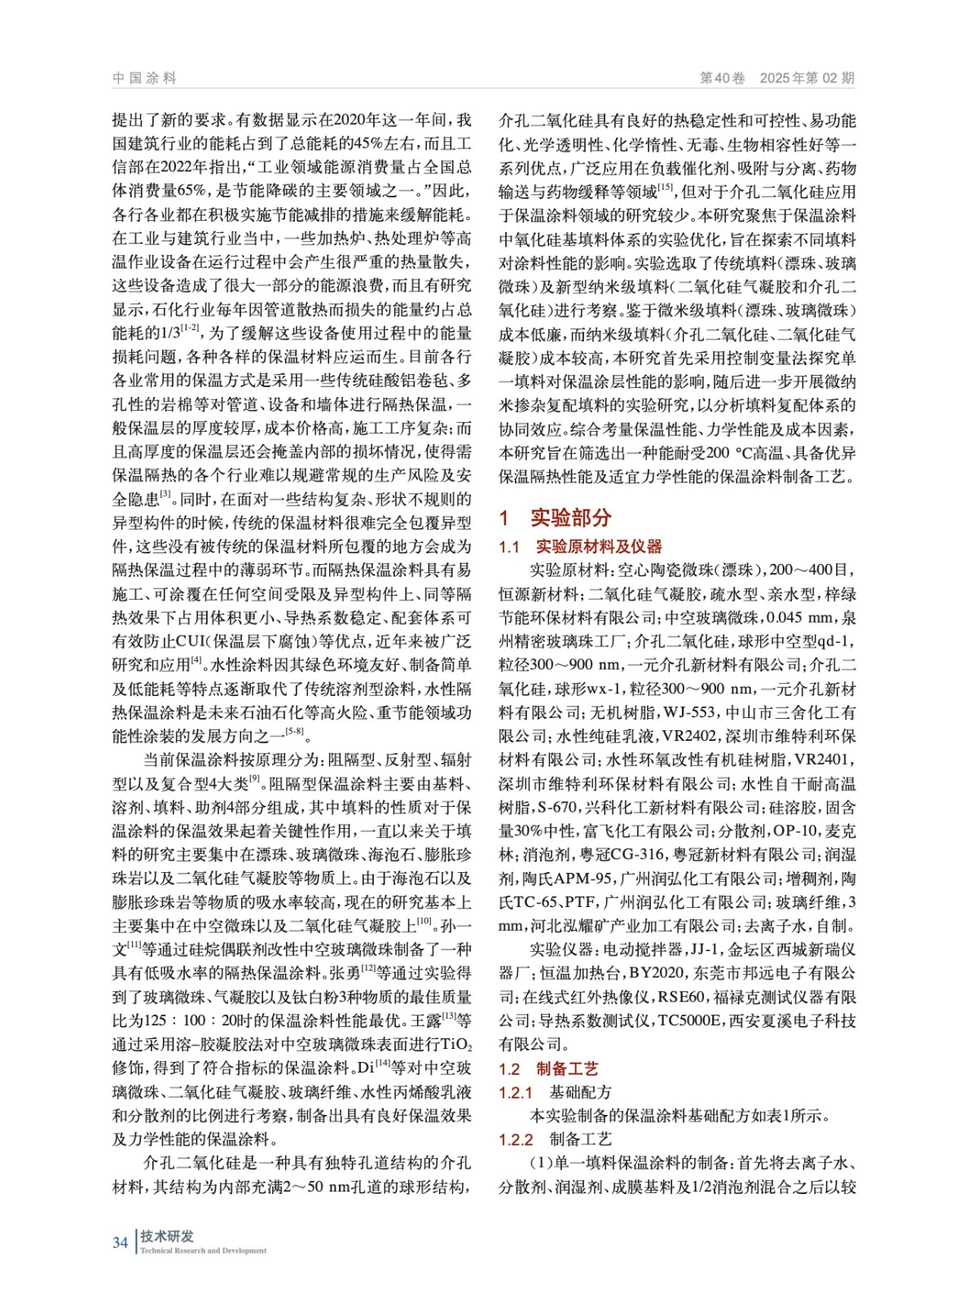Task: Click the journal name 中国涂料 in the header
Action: point(144,78)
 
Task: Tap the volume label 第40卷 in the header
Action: point(722,78)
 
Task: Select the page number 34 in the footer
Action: point(120,1242)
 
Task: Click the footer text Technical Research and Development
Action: point(203,1250)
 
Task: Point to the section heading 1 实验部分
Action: point(555,518)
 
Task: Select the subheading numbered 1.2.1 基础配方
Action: point(555,1092)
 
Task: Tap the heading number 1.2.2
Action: point(516,1139)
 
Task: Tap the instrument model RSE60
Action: point(681,997)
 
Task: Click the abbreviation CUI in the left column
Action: point(189,641)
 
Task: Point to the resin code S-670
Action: point(556,807)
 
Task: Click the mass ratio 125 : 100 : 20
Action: point(185,1020)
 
